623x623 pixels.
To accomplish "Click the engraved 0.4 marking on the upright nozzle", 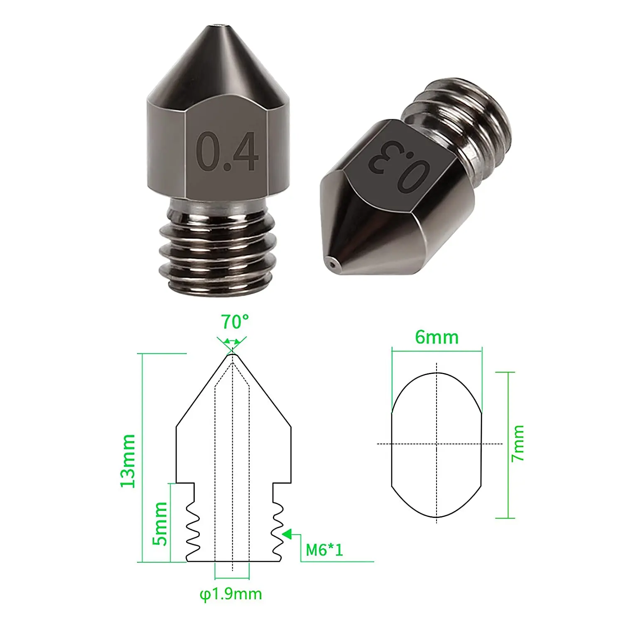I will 227,152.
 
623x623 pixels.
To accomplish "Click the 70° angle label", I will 235,322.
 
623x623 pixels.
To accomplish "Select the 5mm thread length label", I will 160,523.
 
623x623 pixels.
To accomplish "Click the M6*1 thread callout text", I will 324,550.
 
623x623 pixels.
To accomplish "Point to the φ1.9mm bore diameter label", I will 231,594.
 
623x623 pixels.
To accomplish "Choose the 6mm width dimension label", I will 437,337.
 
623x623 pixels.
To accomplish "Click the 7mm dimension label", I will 518,443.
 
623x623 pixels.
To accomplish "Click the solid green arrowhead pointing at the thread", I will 287,534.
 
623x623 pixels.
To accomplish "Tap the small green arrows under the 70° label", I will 232,342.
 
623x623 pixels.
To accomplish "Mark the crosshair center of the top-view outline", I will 437,444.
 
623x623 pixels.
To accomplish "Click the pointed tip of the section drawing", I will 232,354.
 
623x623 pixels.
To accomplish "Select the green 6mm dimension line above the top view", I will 437,351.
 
